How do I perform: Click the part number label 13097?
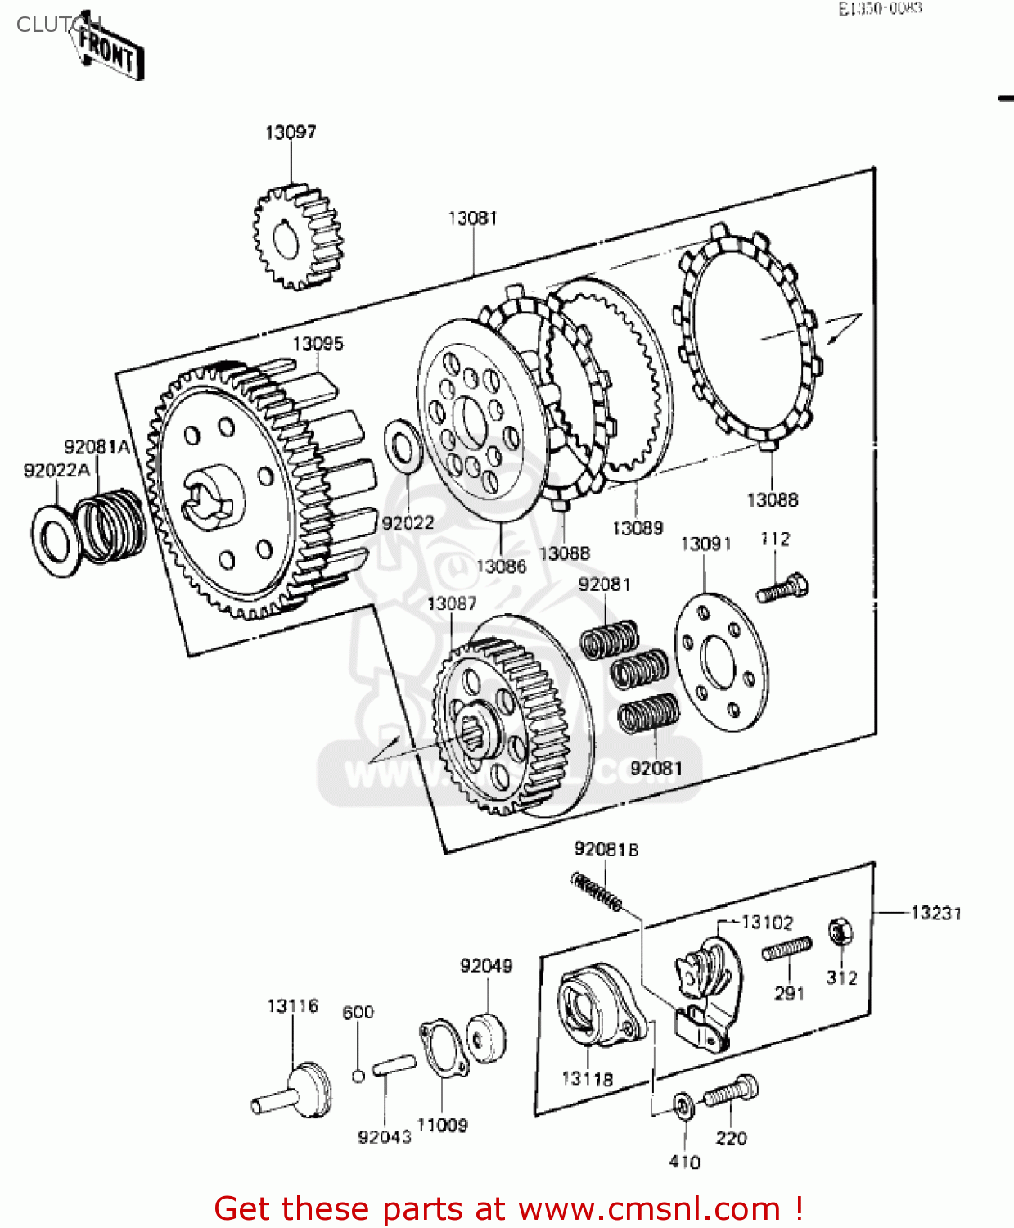point(291,132)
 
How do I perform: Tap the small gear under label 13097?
point(296,237)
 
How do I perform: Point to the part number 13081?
point(472,218)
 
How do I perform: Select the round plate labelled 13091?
point(722,663)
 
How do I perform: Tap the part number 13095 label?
point(318,344)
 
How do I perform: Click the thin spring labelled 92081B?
point(596,892)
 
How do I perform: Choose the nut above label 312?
point(840,932)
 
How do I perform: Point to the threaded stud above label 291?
point(786,949)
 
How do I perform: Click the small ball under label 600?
point(358,1075)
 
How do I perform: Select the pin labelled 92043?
point(394,1068)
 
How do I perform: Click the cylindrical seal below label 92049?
point(487,1038)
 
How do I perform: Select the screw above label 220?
point(730,1091)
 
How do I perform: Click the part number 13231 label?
point(935,913)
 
